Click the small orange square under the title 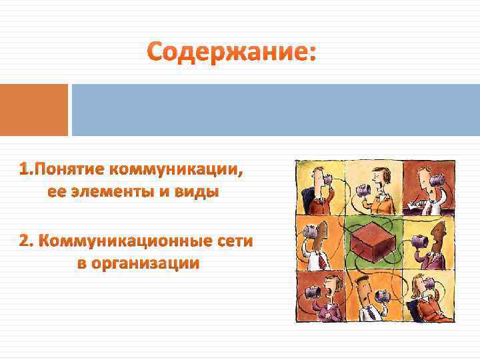pyautogui.click(x=34, y=109)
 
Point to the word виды pyautogui.click(x=199, y=192)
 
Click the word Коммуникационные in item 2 pyautogui.click(x=125, y=241)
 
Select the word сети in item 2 pyautogui.click(x=233, y=241)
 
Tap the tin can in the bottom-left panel pyautogui.click(x=313, y=291)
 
